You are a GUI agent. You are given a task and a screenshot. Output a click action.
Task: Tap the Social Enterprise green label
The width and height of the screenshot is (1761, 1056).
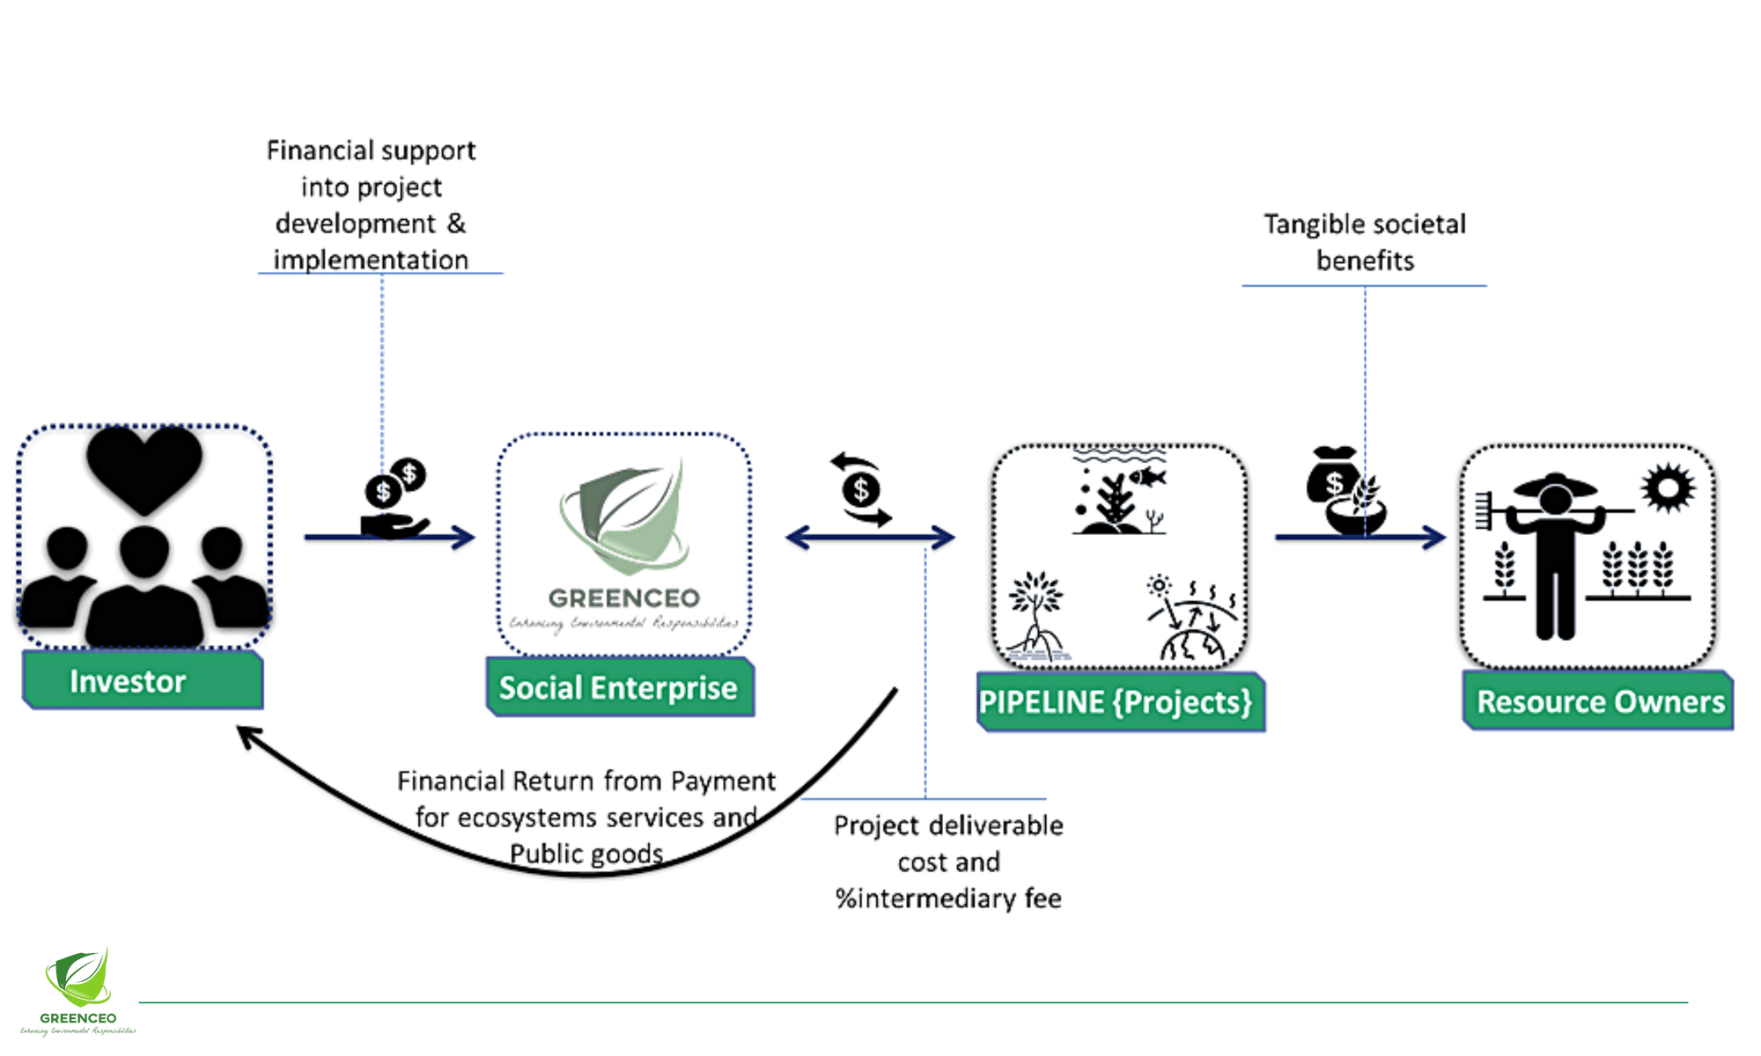click(x=619, y=687)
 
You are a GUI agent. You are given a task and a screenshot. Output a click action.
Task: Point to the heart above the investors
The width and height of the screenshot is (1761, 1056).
click(x=144, y=466)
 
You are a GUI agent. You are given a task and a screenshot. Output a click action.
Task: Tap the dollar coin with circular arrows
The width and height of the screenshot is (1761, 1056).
click(x=861, y=490)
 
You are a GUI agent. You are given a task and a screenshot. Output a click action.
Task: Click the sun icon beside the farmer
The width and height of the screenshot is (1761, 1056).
click(x=1667, y=488)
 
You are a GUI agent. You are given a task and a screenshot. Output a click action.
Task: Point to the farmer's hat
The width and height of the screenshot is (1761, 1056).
click(x=1555, y=485)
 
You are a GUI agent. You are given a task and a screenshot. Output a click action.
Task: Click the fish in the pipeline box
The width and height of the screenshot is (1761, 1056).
click(x=1147, y=477)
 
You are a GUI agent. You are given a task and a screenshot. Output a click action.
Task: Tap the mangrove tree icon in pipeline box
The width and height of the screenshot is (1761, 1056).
click(x=1037, y=616)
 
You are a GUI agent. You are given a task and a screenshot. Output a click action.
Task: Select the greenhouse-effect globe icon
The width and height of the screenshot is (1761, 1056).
click(x=1192, y=620)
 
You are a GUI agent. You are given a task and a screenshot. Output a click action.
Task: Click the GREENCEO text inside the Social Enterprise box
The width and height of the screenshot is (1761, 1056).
click(x=623, y=598)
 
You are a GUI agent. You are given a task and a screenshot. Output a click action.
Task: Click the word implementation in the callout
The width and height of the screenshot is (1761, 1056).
click(x=371, y=260)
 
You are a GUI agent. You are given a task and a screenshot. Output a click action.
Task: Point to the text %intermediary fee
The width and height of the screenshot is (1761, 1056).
click(x=948, y=898)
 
